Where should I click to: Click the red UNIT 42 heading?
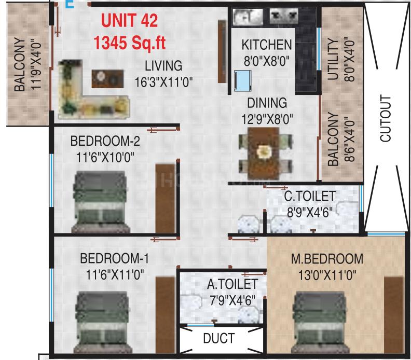point(130,20)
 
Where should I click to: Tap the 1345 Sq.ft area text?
point(130,43)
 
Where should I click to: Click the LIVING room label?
point(163,65)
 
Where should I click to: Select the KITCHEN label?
point(267,45)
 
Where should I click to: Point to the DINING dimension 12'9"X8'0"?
point(267,119)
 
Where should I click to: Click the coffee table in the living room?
point(107,79)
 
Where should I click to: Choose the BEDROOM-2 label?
point(105,141)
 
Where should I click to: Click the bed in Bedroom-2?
point(101,202)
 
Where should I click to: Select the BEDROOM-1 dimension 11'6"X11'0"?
point(115,275)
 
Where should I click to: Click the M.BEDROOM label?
point(327,259)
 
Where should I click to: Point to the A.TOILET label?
point(232,284)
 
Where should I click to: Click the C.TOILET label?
point(310,196)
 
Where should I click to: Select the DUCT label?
point(218,338)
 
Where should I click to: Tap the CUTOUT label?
point(386,118)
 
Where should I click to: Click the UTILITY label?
point(333,59)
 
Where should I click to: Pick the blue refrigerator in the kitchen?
point(242,80)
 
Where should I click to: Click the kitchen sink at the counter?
point(248,17)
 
